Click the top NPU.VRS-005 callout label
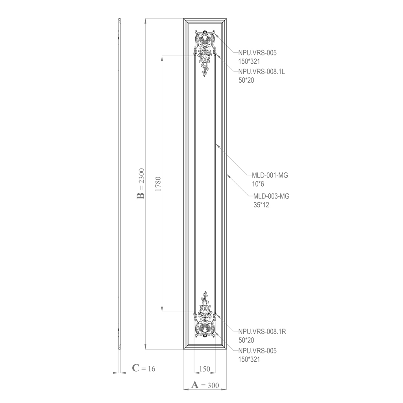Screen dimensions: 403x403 (254, 52)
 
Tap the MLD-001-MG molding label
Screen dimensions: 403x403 (270, 176)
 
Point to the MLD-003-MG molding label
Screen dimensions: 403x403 (271, 196)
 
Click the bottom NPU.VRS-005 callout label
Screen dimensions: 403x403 (254, 351)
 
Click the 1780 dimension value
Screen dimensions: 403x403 (158, 183)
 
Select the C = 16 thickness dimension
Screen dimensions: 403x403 (144, 368)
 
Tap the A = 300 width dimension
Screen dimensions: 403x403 (205, 385)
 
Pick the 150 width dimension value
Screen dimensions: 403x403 (205, 369)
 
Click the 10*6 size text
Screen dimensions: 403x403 (258, 184)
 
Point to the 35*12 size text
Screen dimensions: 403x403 (261, 205)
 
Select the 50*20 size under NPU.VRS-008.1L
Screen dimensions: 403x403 (246, 80)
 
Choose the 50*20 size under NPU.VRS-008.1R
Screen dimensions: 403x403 (246, 340)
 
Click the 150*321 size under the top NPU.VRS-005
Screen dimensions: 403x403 (249, 61)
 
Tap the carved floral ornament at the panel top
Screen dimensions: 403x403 (205, 51)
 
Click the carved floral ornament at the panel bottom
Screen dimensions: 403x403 (205, 317)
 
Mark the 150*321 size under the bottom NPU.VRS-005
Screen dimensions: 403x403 (249, 359)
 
